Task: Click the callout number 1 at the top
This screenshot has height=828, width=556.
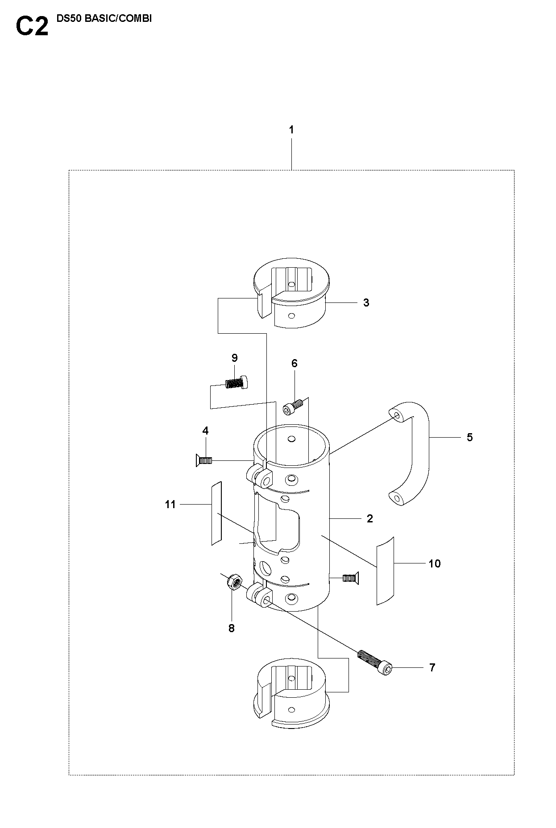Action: (291, 130)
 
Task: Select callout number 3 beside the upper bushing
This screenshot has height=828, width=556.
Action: (366, 303)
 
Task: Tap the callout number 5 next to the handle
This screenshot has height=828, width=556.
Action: (470, 438)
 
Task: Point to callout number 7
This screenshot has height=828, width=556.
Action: (432, 668)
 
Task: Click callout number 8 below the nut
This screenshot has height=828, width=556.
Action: (231, 628)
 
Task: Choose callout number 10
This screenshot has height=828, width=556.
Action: (434, 564)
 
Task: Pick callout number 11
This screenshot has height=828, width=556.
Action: (170, 505)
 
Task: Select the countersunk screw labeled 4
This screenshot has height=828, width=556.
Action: (203, 460)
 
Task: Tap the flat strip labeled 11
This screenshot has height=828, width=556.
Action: (216, 513)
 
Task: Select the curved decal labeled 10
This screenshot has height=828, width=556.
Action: (386, 571)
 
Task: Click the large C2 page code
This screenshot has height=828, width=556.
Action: (32, 26)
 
